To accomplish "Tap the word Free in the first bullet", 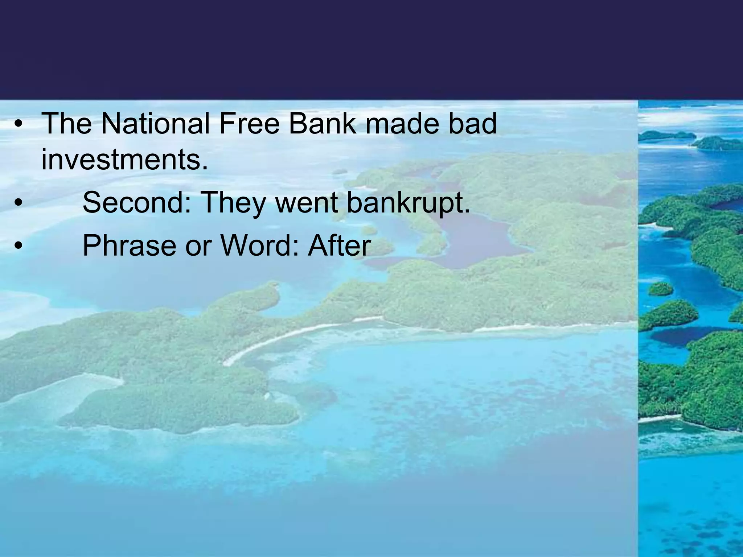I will pos(249,124).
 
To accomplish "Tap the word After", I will pos(339,246).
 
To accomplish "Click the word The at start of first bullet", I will pos(67,124).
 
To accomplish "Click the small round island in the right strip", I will pos(660,289).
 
